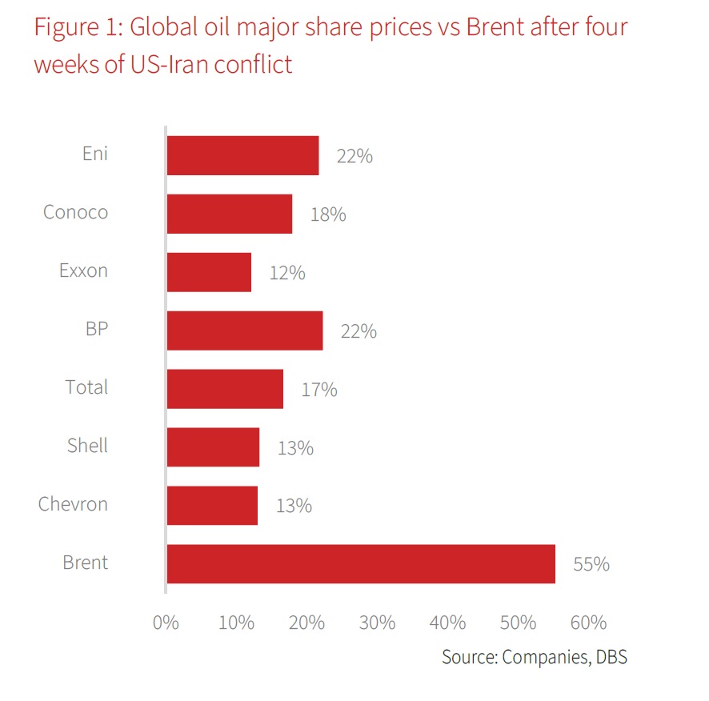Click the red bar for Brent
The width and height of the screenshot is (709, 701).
pos(360,563)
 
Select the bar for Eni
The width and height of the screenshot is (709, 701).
pos(242,155)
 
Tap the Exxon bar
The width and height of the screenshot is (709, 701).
pos(209,272)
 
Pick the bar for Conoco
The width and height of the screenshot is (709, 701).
pos(229,214)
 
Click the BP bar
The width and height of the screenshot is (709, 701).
pos(245,330)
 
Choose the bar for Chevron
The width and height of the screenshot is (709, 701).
pos(212,505)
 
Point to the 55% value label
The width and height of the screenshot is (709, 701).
pos(591,564)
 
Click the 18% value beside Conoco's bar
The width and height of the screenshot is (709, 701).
pos(328,214)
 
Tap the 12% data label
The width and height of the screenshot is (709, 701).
pos(287,273)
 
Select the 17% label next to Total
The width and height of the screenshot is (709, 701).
pos(319,390)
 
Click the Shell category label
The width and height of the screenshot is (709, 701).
pos(87,445)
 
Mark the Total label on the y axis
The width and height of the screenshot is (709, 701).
pos(86,387)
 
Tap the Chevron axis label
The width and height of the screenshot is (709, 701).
pos(73,504)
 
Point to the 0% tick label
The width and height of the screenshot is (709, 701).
pos(166,623)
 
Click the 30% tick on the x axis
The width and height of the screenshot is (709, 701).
pos(378,623)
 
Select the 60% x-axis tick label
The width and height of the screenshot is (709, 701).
pos(589,623)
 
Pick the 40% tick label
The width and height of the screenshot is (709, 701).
pos(448,623)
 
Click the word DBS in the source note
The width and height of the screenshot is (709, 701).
pos(608,658)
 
